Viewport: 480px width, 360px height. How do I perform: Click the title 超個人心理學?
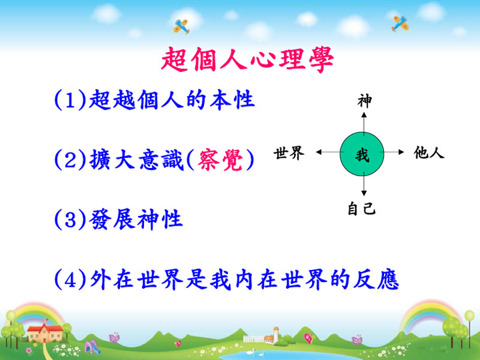pyautogui.click(x=247, y=59)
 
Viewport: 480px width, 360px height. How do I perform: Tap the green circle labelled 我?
pyautogui.click(x=362, y=154)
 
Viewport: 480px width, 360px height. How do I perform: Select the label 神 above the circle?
pyautogui.click(x=364, y=101)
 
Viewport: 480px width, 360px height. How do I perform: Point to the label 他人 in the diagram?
pyautogui.click(x=429, y=152)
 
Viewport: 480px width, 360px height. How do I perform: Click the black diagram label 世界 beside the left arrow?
pyautogui.click(x=289, y=153)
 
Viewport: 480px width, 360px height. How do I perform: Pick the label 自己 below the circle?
pyautogui.click(x=362, y=208)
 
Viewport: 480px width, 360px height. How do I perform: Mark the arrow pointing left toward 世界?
pyautogui.click(x=328, y=152)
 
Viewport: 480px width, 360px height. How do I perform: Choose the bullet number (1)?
pyautogui.click(x=70, y=100)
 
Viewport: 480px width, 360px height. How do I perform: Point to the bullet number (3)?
pyautogui.click(x=70, y=220)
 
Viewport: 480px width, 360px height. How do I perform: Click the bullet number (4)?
pyautogui.click(x=70, y=279)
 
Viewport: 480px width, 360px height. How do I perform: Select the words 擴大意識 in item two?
pyautogui.click(x=137, y=160)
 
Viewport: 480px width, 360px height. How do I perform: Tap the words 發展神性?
pyautogui.click(x=136, y=220)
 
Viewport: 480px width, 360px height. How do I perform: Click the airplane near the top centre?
pyautogui.click(x=181, y=26)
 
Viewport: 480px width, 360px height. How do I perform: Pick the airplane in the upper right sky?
pyautogui.click(x=400, y=23)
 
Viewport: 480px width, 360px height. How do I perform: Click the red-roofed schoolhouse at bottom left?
pyautogui.click(x=44, y=333)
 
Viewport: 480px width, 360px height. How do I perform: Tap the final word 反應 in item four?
pyautogui.click(x=376, y=279)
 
